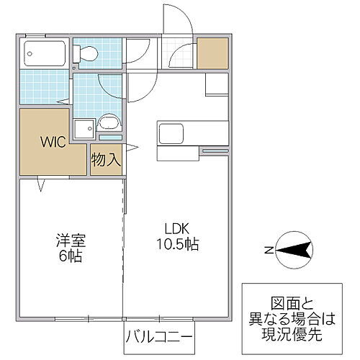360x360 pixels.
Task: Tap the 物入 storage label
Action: coord(105,160)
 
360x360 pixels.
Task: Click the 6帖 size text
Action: coord(70,257)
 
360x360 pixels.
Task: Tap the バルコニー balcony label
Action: coord(160,337)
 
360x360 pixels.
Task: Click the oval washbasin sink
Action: coord(109,122)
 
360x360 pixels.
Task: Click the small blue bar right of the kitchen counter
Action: coord(214,150)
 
